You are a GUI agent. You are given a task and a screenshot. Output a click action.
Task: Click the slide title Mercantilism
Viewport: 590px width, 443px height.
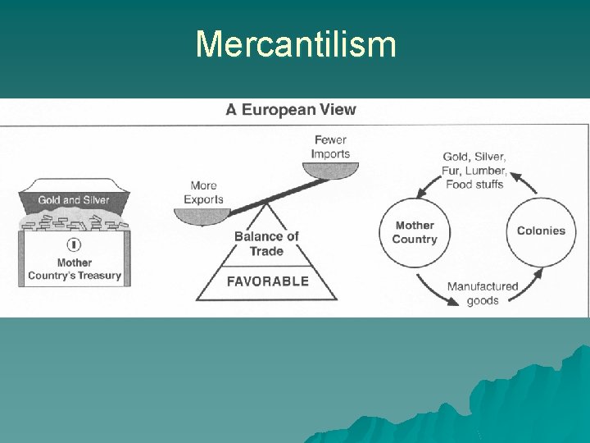click(x=296, y=44)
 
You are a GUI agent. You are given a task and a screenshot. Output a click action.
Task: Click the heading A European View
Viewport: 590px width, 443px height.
click(x=291, y=110)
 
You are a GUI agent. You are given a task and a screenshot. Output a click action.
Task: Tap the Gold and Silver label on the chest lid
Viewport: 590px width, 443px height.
click(x=74, y=200)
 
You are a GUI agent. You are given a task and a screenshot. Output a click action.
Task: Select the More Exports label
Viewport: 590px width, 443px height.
click(x=203, y=192)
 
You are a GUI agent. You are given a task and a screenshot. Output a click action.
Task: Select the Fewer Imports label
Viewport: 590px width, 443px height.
click(x=330, y=147)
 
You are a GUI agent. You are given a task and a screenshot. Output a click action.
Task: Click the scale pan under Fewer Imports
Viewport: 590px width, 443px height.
click(x=329, y=170)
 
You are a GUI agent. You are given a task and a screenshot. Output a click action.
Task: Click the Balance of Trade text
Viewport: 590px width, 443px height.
click(x=266, y=244)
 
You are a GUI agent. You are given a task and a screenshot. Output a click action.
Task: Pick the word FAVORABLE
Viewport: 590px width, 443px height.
click(x=267, y=281)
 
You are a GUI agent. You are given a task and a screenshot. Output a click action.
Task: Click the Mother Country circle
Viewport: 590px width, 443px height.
click(x=415, y=232)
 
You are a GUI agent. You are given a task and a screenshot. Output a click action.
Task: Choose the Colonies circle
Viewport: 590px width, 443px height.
click(x=541, y=231)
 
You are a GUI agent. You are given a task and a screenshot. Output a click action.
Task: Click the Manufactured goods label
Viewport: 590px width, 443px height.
click(x=483, y=294)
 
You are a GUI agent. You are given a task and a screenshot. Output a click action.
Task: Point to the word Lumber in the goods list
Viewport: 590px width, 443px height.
click(x=487, y=171)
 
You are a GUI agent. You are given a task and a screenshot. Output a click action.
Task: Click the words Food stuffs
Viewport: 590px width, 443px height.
click(x=474, y=184)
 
